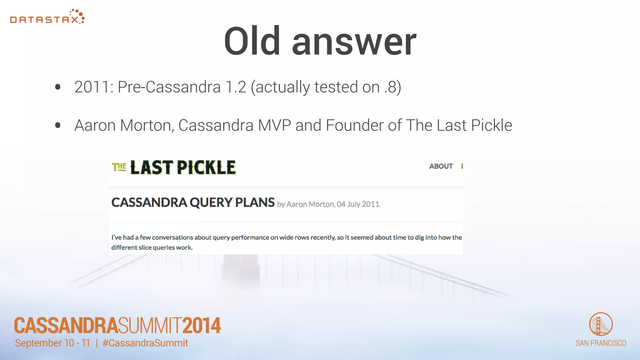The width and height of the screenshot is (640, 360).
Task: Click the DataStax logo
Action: [x=47, y=17]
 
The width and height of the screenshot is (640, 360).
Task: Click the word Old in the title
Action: [x=252, y=41]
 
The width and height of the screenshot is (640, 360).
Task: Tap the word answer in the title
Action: [x=354, y=43]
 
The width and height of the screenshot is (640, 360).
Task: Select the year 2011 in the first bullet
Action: [x=92, y=87]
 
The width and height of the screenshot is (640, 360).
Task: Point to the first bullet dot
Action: [x=57, y=87]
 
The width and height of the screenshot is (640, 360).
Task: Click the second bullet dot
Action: [x=57, y=126]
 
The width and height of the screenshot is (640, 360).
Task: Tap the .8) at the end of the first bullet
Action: [x=393, y=87]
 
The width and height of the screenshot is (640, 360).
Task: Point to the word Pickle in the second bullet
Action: [x=491, y=126]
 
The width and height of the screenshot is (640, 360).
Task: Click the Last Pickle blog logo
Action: [x=174, y=167]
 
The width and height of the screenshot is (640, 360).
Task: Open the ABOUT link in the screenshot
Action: [x=441, y=166]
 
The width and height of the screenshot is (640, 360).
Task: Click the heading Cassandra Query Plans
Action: [x=193, y=202]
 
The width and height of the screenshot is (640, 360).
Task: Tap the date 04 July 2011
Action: [x=358, y=204]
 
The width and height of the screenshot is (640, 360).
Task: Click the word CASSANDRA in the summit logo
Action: [x=66, y=326]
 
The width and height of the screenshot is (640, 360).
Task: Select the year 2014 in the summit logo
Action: [x=202, y=326]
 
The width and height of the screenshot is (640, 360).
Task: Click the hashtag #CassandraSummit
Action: [x=145, y=343]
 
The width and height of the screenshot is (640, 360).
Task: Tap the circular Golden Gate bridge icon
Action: [x=601, y=324]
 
